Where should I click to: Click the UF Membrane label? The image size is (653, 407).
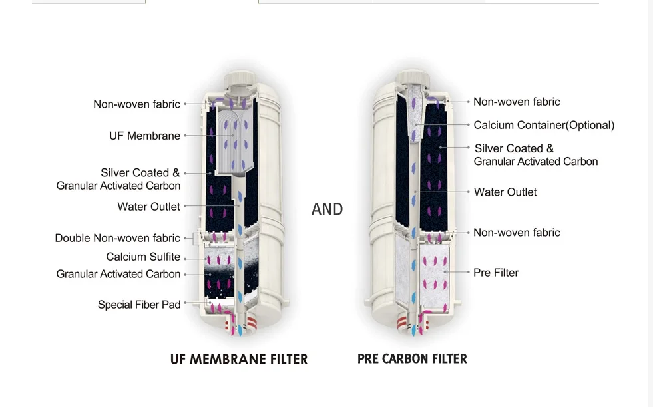pyautogui.click(x=144, y=136)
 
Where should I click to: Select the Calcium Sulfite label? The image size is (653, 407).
pyautogui.click(x=143, y=257)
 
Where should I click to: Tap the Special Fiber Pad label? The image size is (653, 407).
pyautogui.click(x=139, y=305)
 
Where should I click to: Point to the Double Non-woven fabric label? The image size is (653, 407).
pyautogui.click(x=118, y=238)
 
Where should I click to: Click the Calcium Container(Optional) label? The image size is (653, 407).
pyautogui.click(x=544, y=125)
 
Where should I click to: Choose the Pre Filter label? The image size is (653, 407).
pyautogui.click(x=496, y=273)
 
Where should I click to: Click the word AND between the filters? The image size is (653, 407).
pyautogui.click(x=327, y=209)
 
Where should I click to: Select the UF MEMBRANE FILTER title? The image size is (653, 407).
pyautogui.click(x=239, y=360)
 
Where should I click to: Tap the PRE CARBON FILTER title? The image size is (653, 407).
pyautogui.click(x=412, y=359)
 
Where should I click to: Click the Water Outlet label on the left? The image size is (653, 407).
pyautogui.click(x=148, y=207)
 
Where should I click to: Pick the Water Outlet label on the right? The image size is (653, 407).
pyautogui.click(x=505, y=192)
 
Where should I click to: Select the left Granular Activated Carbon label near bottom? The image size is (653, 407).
pyautogui.click(x=118, y=274)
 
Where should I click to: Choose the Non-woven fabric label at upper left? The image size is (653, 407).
pyautogui.click(x=136, y=104)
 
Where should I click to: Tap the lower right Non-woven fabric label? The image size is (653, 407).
pyautogui.click(x=517, y=233)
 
